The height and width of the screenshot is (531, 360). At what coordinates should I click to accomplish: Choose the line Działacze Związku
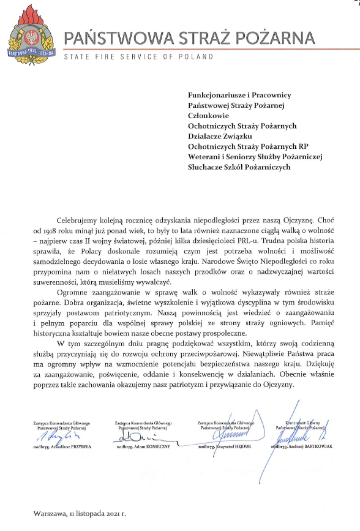pos(220,136)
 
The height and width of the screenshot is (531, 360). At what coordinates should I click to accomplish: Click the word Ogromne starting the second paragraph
pos(74,292)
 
